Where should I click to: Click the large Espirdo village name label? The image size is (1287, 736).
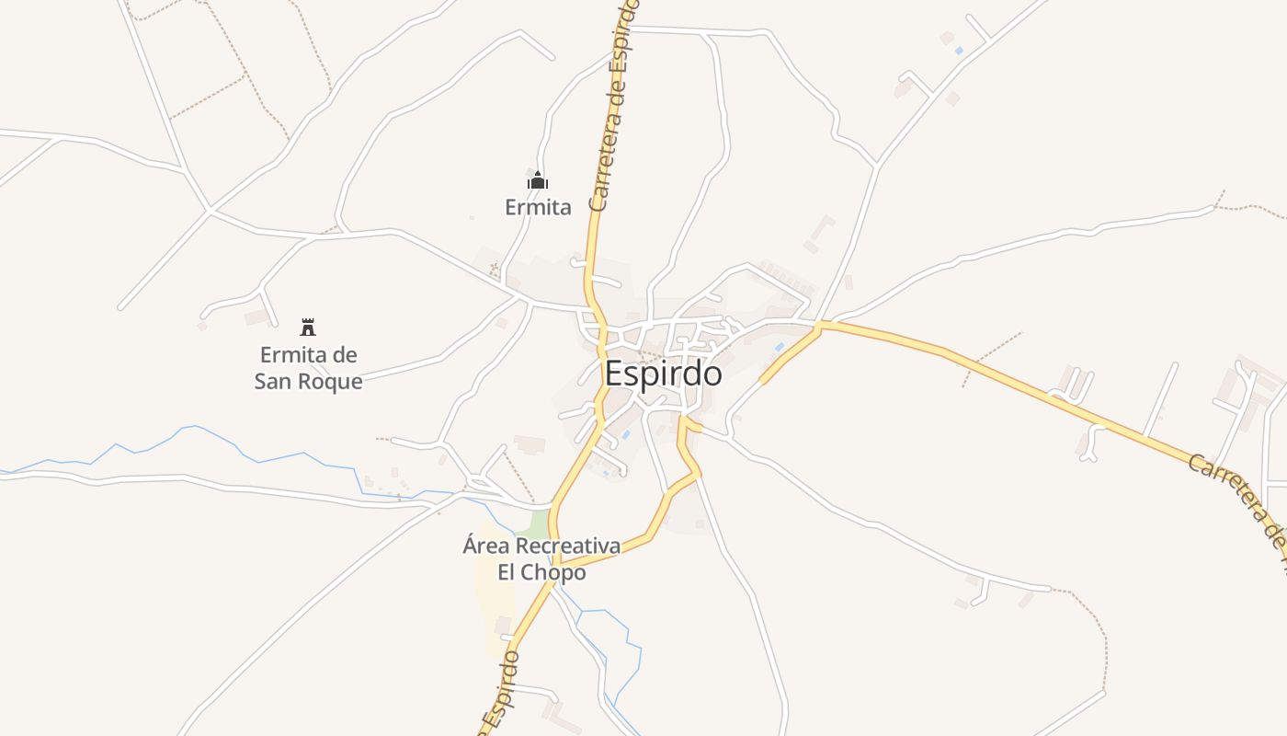point(663,374)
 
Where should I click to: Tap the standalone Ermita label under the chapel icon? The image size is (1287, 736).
point(538,207)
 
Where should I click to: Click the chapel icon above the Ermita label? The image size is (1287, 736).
point(538,180)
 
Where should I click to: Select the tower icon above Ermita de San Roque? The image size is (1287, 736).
point(308,327)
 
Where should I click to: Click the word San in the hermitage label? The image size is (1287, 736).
point(274,381)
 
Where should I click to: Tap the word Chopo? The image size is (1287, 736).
point(553,572)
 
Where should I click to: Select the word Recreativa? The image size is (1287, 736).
point(567,546)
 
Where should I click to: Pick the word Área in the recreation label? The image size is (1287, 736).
point(485,546)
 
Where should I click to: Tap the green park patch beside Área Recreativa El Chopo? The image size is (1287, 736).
point(535,524)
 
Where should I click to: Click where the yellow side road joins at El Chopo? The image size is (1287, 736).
point(559,563)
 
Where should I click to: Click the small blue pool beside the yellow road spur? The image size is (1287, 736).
point(779,348)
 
